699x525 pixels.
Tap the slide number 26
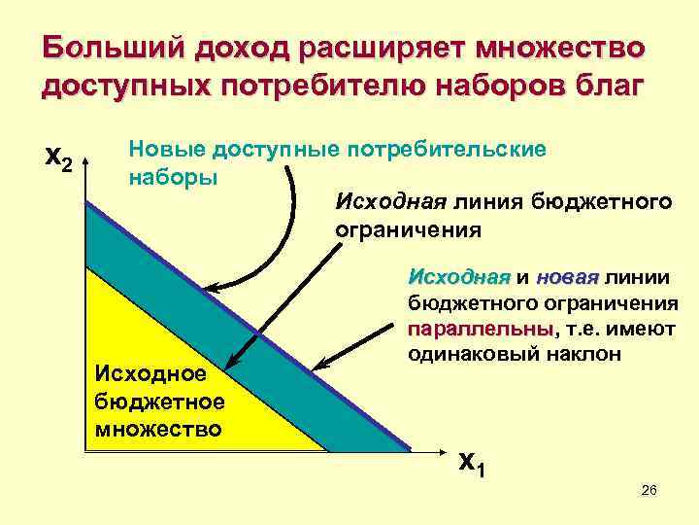point(649,493)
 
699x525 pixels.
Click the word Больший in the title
point(114,49)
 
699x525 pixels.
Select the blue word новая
point(568,273)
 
